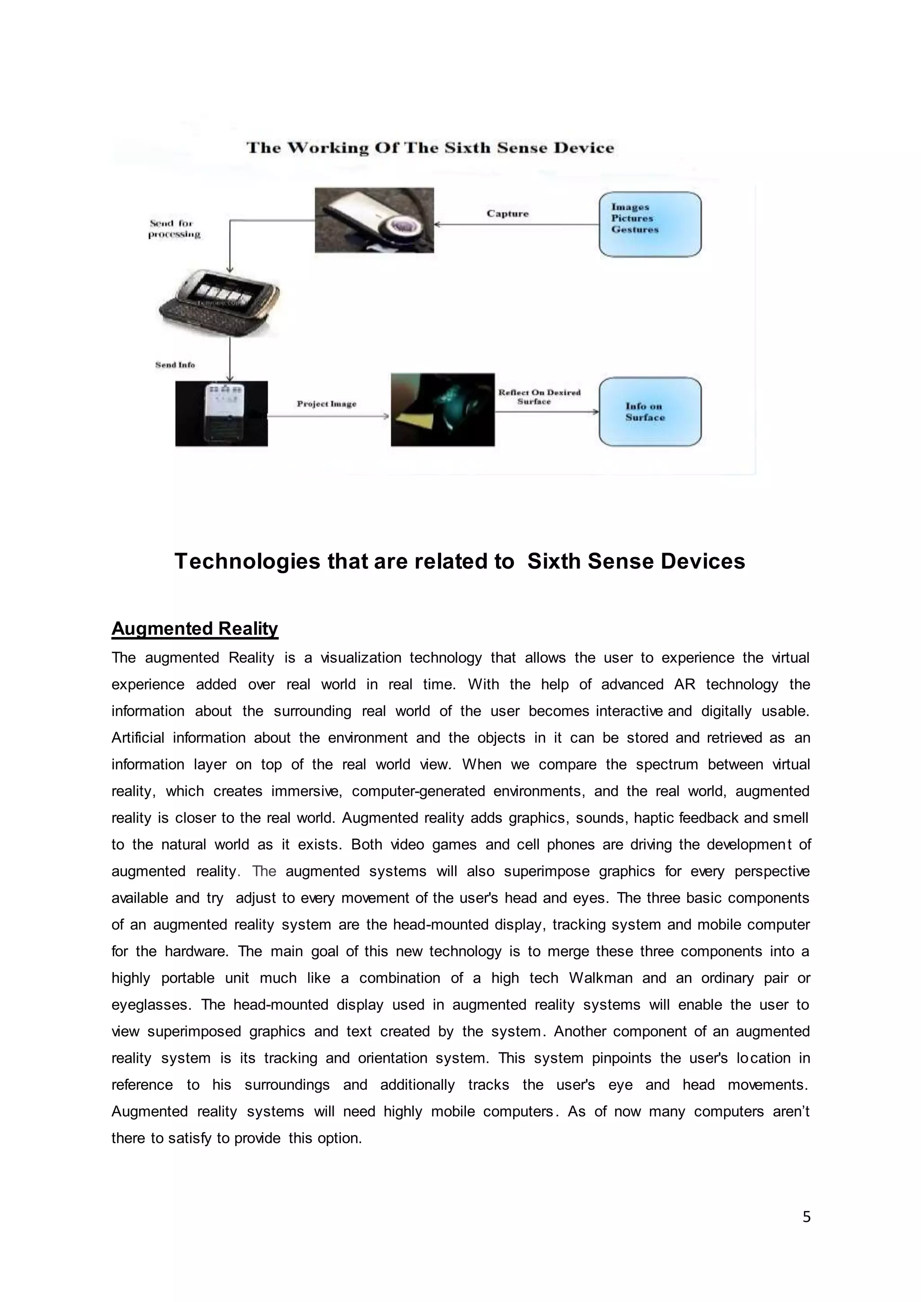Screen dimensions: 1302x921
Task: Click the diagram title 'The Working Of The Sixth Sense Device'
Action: point(430,148)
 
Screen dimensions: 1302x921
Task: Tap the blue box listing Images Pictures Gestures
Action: point(650,224)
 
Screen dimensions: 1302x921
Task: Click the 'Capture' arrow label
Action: point(507,214)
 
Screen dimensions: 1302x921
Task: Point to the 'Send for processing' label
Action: point(174,228)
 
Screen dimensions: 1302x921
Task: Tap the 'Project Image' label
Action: point(326,404)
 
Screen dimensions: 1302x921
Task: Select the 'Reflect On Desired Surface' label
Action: point(539,397)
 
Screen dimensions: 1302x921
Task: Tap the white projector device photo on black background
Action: point(221,414)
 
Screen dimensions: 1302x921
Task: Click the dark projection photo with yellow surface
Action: point(443,410)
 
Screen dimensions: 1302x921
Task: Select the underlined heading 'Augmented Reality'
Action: point(195,629)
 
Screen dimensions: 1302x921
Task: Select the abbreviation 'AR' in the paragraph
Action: point(684,684)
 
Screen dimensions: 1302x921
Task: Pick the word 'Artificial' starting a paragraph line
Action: point(137,737)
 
